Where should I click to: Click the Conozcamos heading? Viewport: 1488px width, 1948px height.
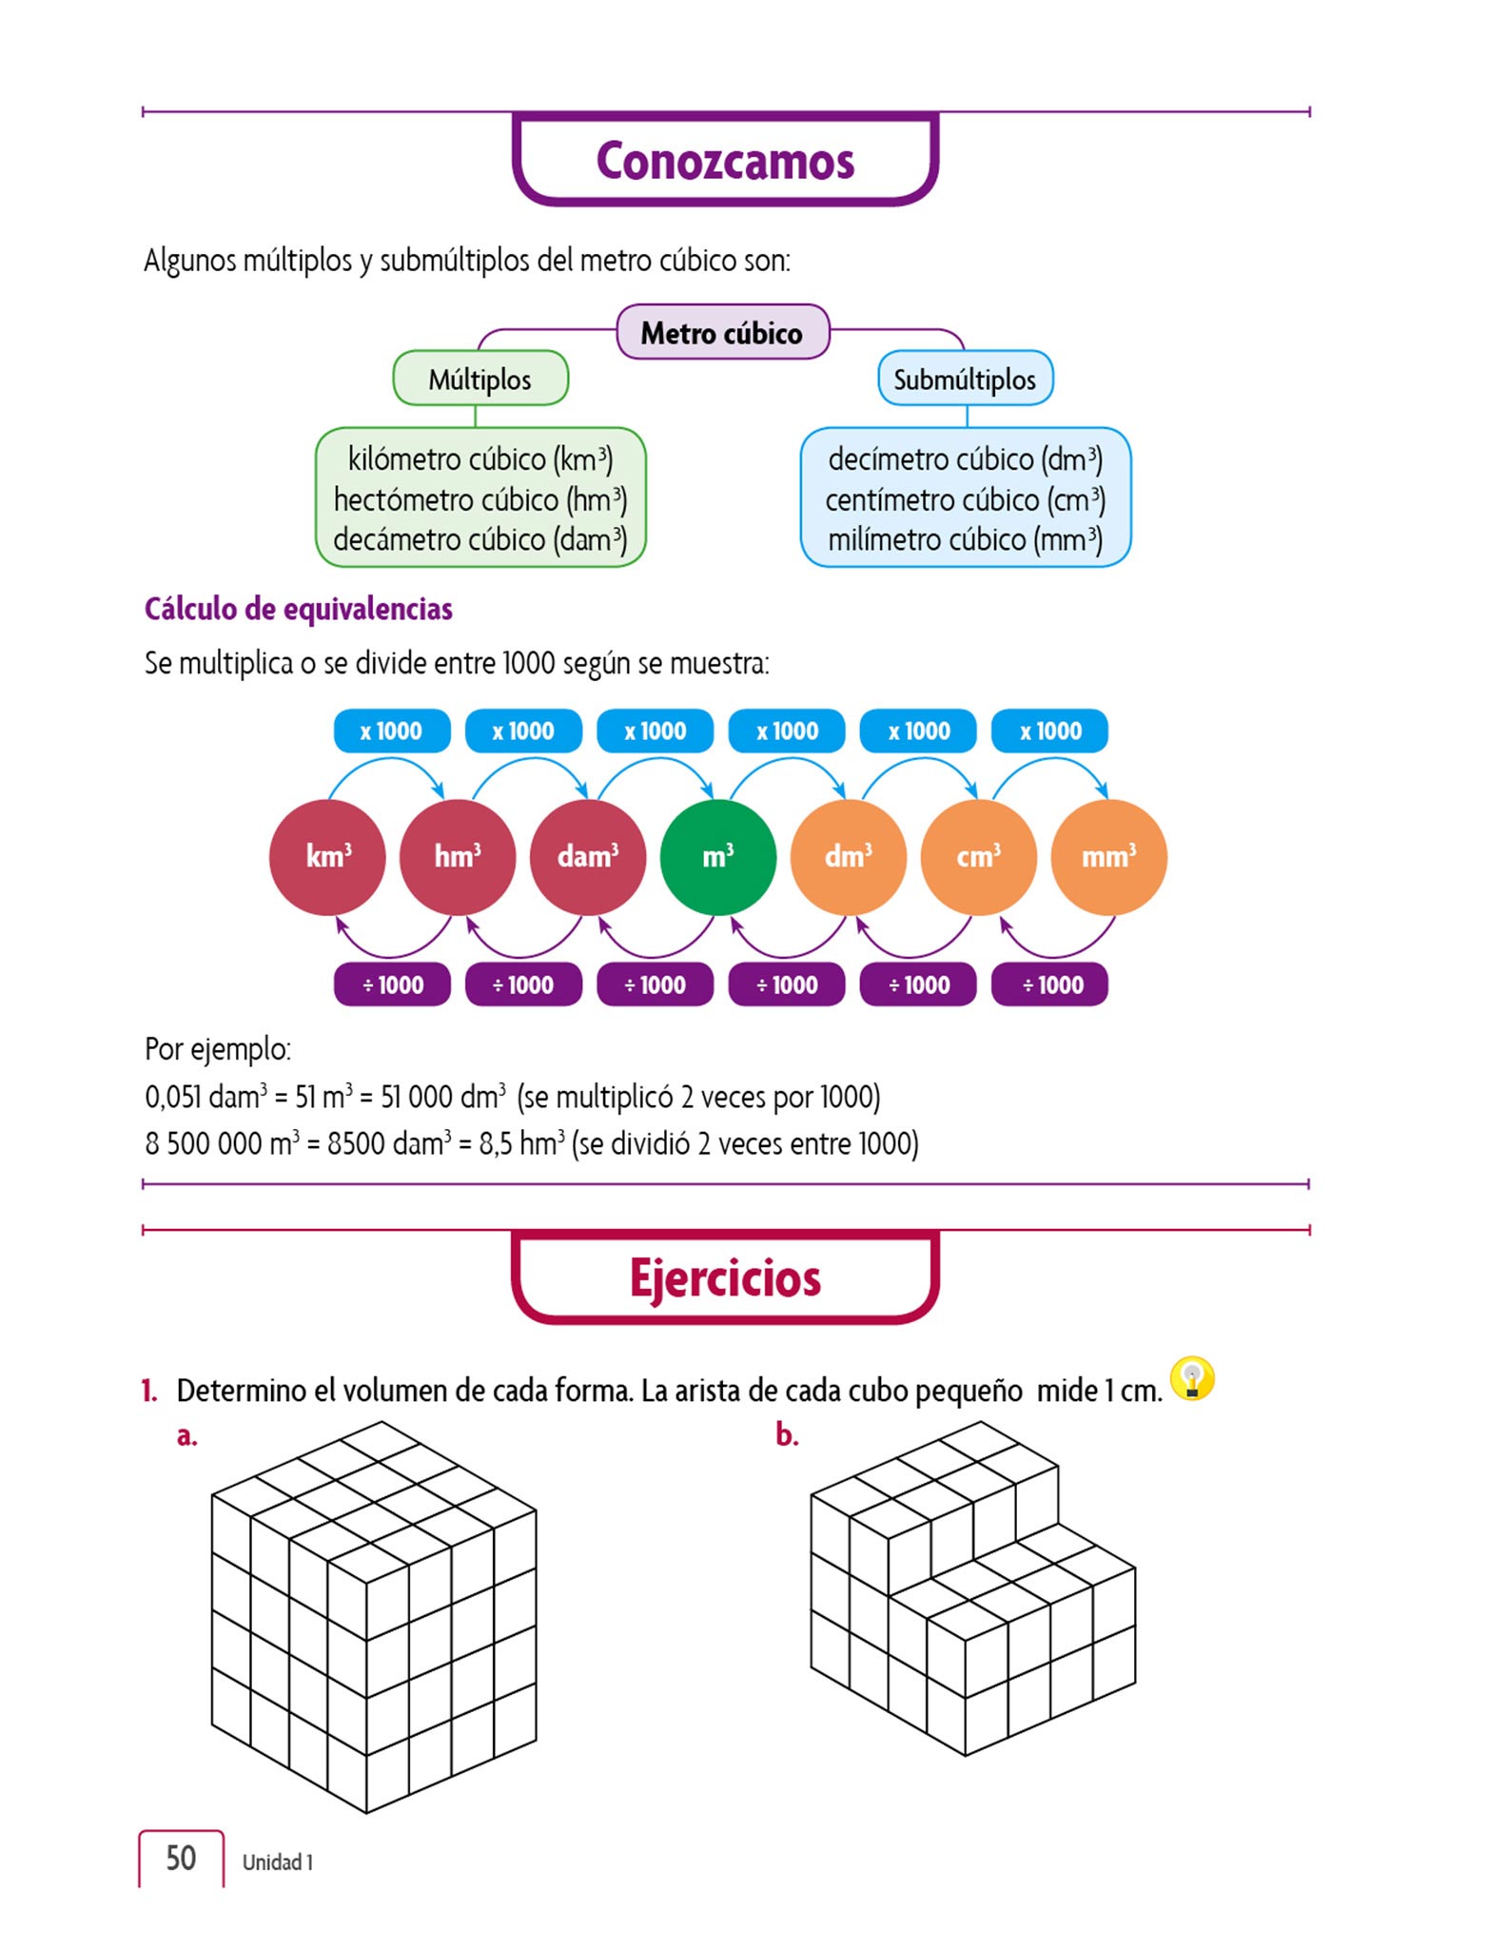pos(725,160)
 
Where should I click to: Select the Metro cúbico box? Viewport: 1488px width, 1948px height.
pos(722,333)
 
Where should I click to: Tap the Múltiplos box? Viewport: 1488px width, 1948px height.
pos(480,380)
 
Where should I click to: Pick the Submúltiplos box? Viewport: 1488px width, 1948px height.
pos(965,380)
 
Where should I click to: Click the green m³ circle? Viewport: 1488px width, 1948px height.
pos(718,856)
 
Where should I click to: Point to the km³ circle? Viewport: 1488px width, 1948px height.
pos(327,856)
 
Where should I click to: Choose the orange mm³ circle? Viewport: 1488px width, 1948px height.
pos(1108,856)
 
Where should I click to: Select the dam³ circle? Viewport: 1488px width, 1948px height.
pos(588,856)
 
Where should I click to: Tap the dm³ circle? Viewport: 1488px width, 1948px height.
pos(848,856)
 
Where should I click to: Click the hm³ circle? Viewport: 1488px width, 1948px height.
pos(458,856)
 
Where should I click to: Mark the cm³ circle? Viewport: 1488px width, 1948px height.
pos(978,856)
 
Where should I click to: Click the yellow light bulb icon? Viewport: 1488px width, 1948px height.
pos(1192,1378)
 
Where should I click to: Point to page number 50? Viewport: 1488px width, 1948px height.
pos(181,1858)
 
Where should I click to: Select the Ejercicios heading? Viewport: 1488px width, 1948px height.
pos(725,1277)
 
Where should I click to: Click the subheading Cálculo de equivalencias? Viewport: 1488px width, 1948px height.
pos(298,609)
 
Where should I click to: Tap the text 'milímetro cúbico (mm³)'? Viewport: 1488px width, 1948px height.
pos(965,539)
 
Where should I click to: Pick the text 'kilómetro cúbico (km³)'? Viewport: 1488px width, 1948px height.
pos(480,459)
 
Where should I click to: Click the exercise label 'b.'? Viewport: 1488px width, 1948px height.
pos(786,1434)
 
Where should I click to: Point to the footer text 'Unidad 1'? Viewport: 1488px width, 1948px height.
pos(277,1861)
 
